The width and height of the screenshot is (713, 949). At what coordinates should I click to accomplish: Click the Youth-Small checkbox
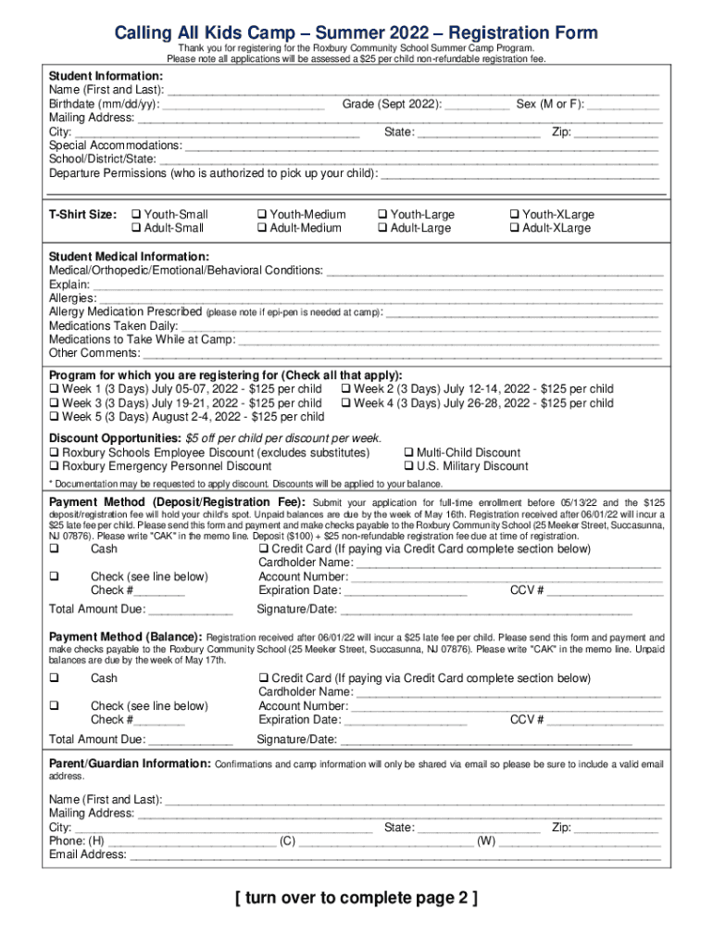(137, 214)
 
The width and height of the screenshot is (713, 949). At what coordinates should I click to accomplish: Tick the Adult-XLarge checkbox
(514, 228)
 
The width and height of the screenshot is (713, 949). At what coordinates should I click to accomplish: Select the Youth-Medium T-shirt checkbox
(262, 214)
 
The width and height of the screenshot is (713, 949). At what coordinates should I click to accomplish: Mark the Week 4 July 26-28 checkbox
(346, 403)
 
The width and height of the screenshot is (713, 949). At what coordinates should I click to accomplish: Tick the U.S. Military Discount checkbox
(409, 466)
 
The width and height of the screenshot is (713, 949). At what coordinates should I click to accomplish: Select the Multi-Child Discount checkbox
(409, 452)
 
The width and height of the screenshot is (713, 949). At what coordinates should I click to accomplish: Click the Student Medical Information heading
(129, 256)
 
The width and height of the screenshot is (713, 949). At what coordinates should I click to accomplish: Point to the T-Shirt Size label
(82, 214)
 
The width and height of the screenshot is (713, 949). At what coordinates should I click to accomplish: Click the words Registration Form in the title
(524, 33)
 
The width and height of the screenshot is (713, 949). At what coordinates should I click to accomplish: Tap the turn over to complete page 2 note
(356, 898)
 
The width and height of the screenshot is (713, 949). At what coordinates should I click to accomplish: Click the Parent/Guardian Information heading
(130, 764)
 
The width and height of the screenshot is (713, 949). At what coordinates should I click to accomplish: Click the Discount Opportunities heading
(114, 438)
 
